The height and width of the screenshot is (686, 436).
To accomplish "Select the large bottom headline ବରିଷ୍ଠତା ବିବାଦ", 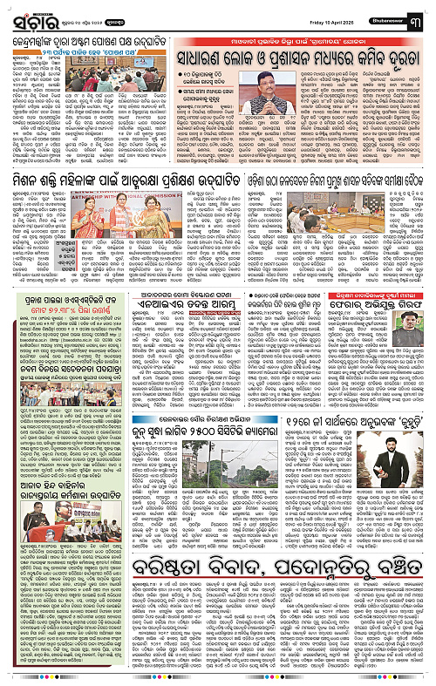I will click(x=218, y=604).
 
